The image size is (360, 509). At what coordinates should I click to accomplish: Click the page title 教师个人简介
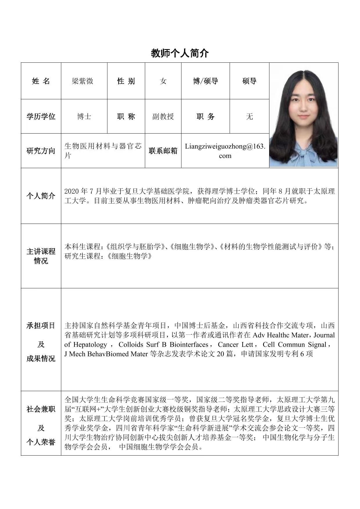coord(180,53)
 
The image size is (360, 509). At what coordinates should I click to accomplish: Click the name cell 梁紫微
coord(83,81)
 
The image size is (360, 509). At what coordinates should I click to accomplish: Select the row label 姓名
coord(41,81)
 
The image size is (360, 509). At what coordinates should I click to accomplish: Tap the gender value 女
coord(163,81)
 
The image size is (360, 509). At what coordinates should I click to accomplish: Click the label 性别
coord(126,81)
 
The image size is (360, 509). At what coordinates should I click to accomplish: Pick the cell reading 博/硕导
coord(205,81)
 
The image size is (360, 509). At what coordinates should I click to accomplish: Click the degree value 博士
coord(84,116)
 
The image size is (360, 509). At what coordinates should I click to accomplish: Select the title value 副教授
coord(163,116)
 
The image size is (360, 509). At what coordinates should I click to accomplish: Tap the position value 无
coord(249,116)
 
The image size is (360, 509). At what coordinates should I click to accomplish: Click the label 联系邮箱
coord(163,151)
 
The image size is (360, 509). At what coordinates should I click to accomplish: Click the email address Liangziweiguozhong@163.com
coord(225,151)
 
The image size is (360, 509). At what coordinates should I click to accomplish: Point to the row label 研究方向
coord(41,151)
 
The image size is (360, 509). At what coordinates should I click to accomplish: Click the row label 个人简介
coord(41,196)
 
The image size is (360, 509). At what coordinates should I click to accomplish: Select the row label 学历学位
coord(41,116)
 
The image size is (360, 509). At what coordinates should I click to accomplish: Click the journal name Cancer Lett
coord(235,345)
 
